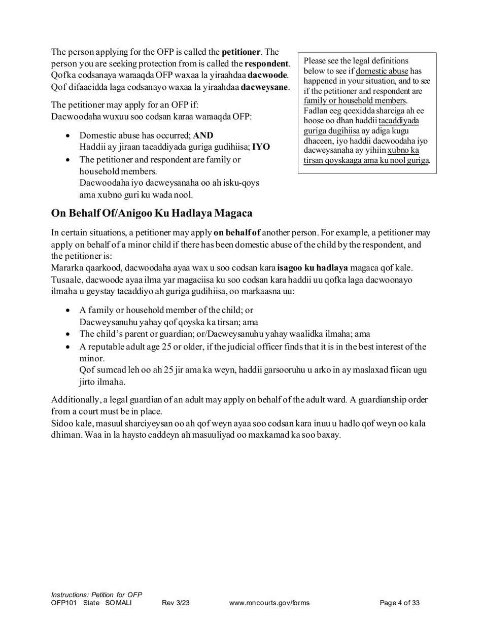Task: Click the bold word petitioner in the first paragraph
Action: coord(241,52)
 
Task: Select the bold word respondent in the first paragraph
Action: coord(267,64)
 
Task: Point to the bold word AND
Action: coord(203,135)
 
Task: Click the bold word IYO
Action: coord(261,147)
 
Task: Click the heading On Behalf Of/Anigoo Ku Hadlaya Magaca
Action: coord(152,213)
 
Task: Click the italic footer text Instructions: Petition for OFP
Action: coord(96,595)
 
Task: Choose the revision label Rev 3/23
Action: coord(176,603)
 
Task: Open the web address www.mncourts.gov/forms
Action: coord(269,603)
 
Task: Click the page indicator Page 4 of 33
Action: coord(400,603)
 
